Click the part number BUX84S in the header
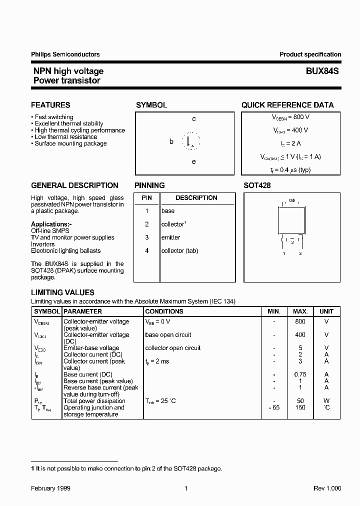pos(322,71)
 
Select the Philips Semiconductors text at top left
pos(65,54)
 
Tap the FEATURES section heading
pos(50,105)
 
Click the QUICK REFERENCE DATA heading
pos(287,105)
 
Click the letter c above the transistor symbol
pos(194,119)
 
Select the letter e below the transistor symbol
pos(194,161)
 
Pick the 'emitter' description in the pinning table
pos(171,237)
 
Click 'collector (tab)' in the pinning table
pos(179,250)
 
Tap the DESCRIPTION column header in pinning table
pos(196,198)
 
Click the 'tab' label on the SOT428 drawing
pos(292,200)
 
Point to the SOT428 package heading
pos(257,185)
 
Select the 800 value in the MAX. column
pos(300,321)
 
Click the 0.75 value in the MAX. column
pos(300,374)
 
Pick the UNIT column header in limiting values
pos(326,311)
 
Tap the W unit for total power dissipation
pos(326,401)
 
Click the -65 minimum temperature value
pos(273,407)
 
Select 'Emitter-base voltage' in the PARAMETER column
pos(91,348)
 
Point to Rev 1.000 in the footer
pos(327,488)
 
